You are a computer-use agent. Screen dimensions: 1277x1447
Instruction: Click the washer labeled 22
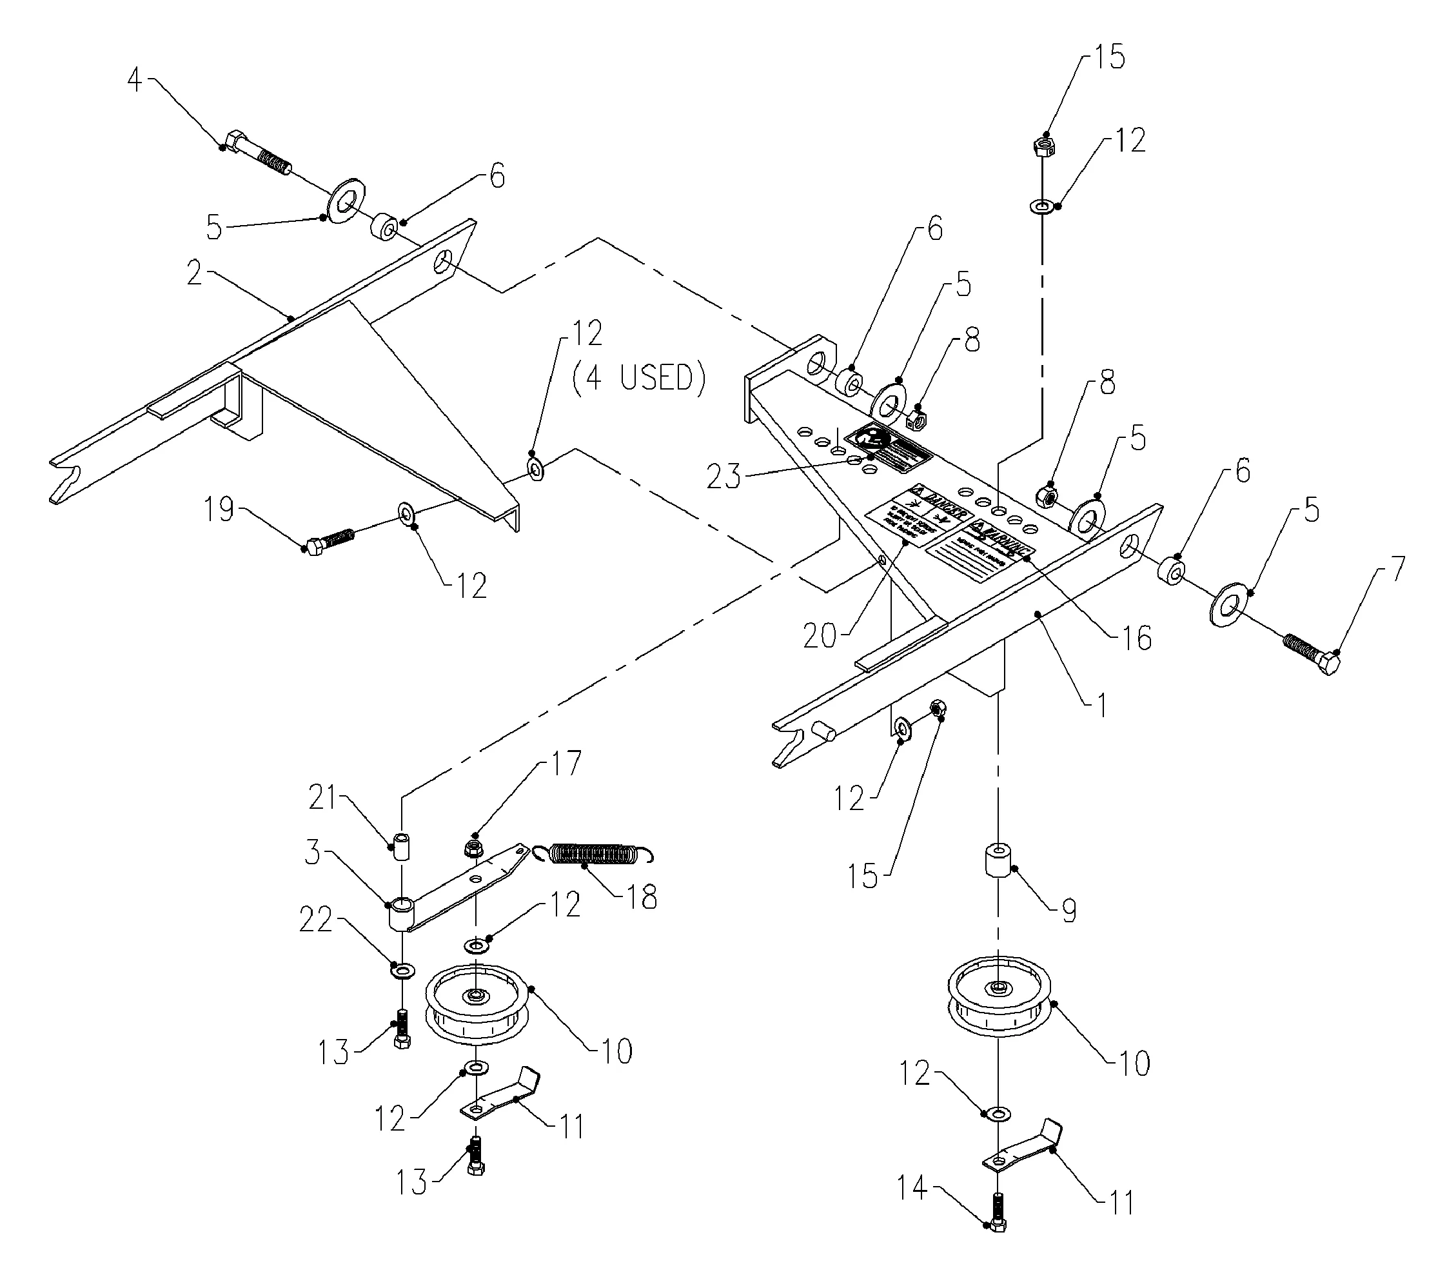403,967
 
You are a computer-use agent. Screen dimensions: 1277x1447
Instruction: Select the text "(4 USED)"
639,378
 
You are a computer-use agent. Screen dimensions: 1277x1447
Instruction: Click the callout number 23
723,477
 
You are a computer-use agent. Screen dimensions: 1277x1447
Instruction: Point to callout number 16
1136,638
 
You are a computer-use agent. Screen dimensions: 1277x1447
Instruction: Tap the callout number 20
820,635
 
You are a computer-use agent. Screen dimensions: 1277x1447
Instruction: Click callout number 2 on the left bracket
195,273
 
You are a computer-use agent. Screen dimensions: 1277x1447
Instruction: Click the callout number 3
312,853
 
